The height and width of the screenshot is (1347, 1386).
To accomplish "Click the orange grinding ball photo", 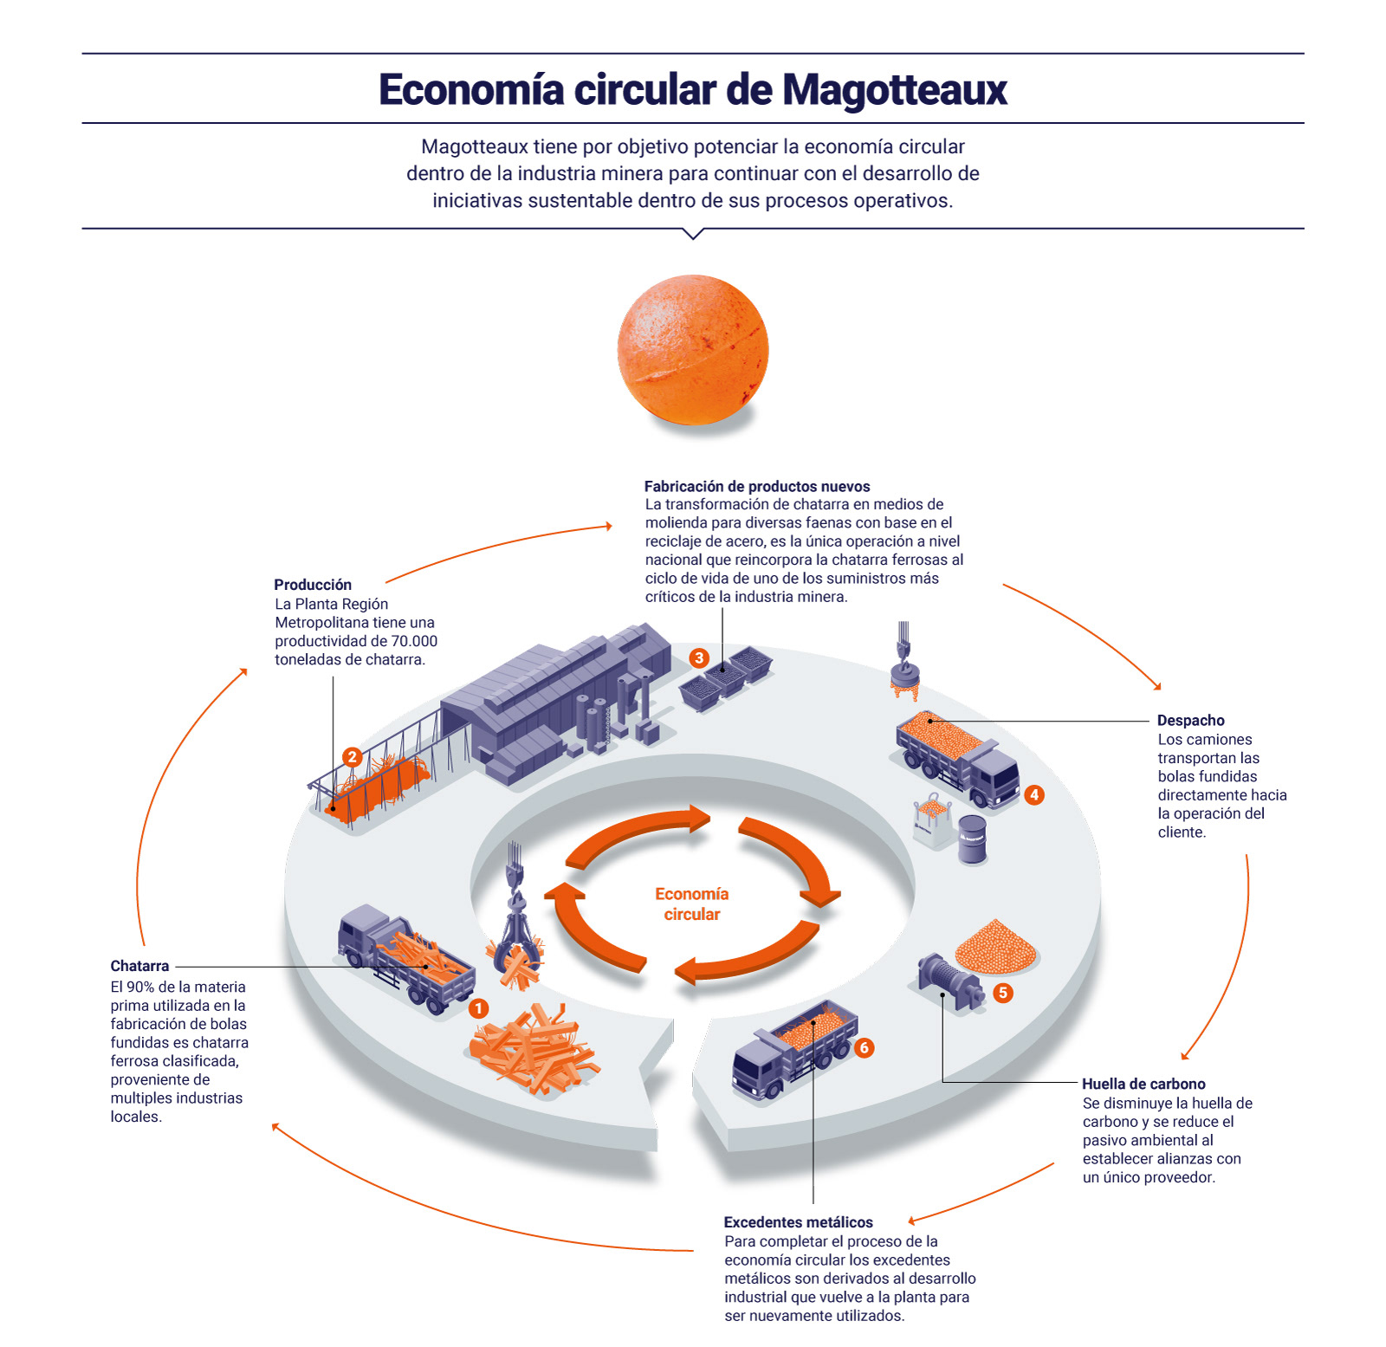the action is coord(693,350).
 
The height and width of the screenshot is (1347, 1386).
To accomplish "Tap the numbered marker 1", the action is coord(478,1008).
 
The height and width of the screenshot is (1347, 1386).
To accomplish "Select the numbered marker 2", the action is coord(352,757).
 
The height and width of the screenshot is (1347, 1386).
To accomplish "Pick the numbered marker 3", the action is coord(699,657).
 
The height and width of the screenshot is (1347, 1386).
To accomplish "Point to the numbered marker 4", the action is coord(1033,794).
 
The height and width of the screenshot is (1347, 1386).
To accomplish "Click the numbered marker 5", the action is coord(1003,993).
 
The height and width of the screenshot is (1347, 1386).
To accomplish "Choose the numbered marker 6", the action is coord(864,1048).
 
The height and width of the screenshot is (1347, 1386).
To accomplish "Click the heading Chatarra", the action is coord(139,966).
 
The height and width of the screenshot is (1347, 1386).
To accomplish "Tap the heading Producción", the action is coord(313,585).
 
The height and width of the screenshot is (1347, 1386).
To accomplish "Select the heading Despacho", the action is coord(1190,721).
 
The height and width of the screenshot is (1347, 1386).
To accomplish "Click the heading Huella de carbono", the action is coord(1143,1084).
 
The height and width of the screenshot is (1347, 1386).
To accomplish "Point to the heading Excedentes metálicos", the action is coord(798,1222).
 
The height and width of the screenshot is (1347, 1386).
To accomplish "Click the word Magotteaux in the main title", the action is coord(895,89).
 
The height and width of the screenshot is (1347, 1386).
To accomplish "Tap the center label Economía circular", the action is coord(691,903).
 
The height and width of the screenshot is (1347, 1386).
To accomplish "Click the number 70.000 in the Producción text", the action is coord(414,641).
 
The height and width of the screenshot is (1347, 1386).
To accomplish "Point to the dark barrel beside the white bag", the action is coord(972,839).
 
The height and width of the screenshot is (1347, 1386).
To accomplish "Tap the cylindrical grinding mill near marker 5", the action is coord(949,981).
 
